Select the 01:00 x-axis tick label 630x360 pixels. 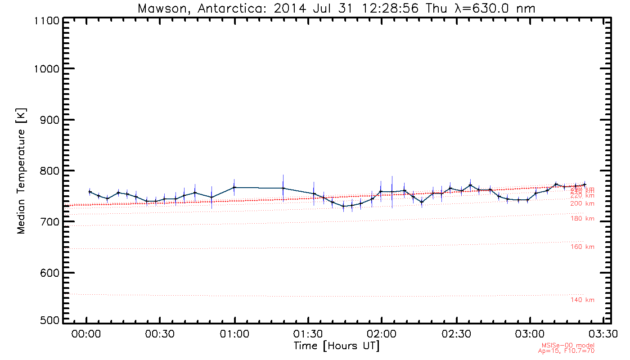point(234,335)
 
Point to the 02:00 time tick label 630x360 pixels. point(382,335)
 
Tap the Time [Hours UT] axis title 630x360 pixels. point(336,346)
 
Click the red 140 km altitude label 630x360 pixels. point(582,300)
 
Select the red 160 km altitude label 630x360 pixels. point(582,247)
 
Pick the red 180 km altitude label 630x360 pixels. point(582,219)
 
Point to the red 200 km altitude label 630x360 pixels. point(582,204)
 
